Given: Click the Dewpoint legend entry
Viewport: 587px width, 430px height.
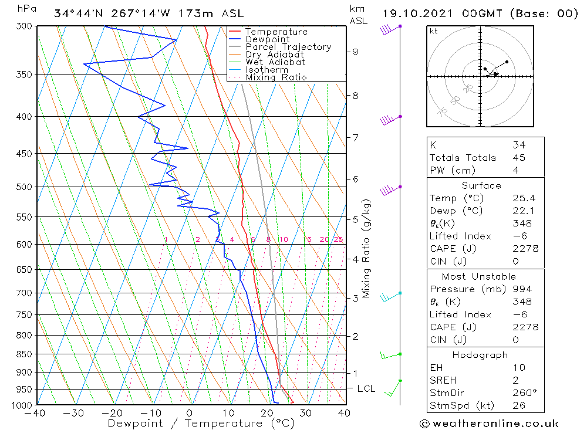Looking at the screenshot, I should coord(267,39).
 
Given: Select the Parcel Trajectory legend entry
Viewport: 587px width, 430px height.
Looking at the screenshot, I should coord(288,47).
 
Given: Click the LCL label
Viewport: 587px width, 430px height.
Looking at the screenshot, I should coord(366,388).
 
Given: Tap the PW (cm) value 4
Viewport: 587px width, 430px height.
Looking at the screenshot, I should coord(515,170).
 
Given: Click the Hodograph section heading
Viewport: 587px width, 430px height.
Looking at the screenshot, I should coord(480,355).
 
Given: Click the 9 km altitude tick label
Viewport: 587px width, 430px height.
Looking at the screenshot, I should coord(356,52).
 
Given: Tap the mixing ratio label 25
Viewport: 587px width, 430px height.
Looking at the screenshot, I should coord(338,239).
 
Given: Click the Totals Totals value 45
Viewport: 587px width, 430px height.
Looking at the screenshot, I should coord(518,157).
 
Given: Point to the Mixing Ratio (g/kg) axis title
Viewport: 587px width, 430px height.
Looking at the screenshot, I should coord(366,249).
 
